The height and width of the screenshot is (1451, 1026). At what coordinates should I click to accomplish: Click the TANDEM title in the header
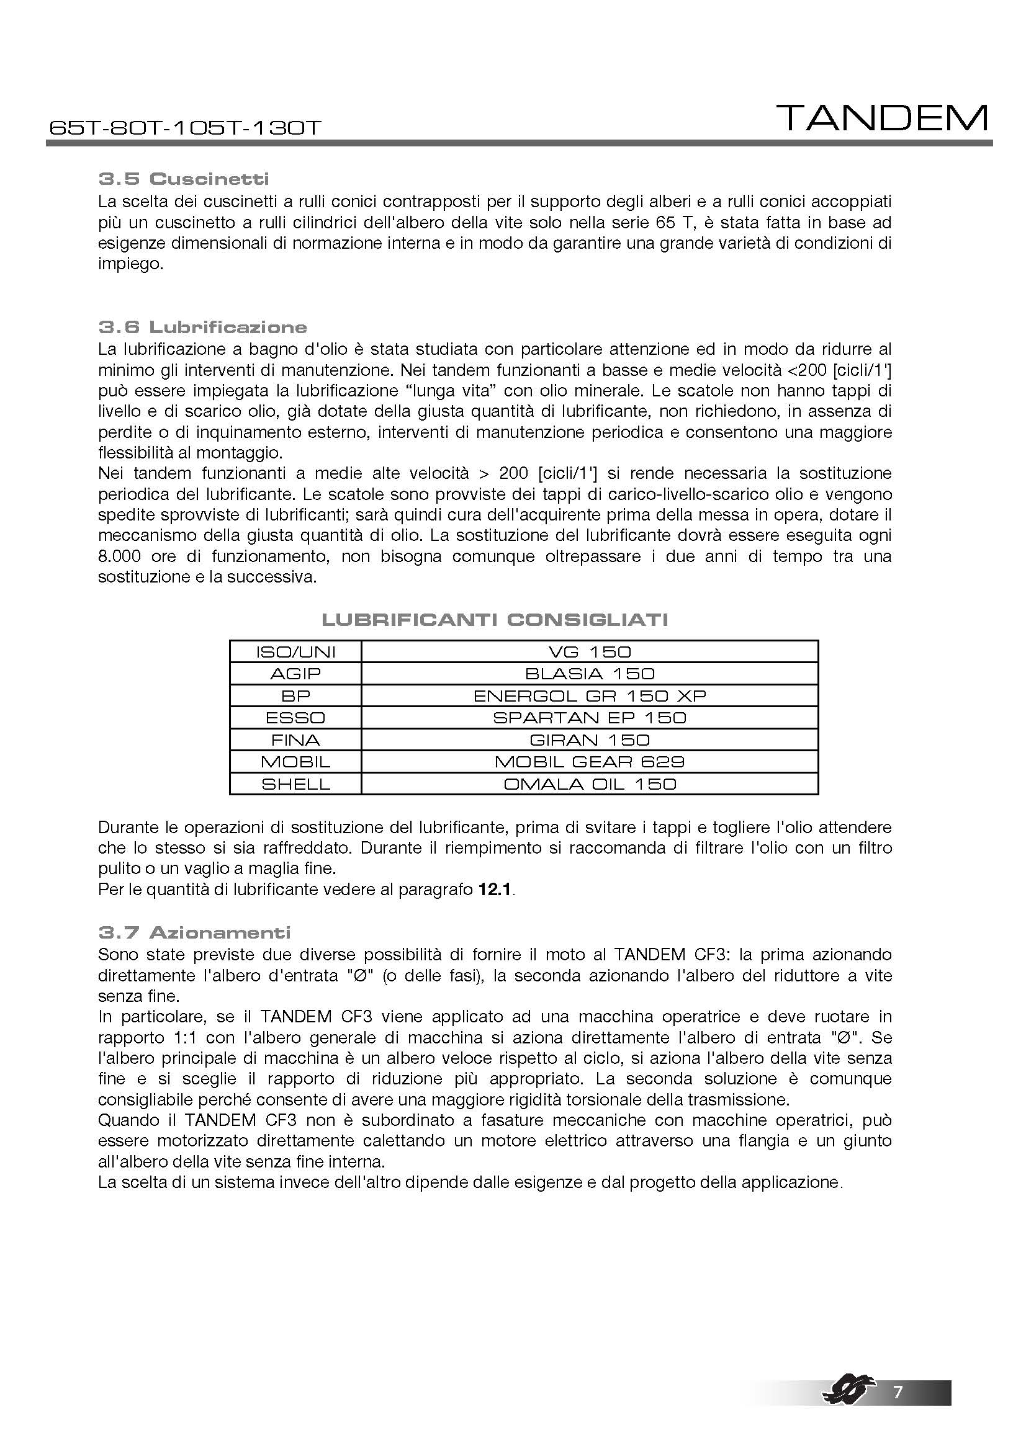[x=882, y=118]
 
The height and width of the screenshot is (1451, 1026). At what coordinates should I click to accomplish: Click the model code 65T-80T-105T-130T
[x=185, y=128]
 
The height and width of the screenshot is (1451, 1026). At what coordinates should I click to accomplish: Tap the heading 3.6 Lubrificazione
[x=202, y=327]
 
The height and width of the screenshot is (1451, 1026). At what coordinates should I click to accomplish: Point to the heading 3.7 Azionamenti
[x=195, y=932]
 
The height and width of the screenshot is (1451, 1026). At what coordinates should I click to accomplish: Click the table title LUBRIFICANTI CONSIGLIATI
[x=494, y=619]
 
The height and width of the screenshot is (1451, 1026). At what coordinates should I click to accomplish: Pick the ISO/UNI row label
[x=295, y=651]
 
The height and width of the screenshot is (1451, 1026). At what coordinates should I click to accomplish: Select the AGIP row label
[x=295, y=674]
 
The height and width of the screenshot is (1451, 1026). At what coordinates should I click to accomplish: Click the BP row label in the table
[x=295, y=696]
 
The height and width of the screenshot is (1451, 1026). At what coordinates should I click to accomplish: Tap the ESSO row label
[x=295, y=718]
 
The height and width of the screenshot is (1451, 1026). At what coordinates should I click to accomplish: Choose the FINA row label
[x=295, y=740]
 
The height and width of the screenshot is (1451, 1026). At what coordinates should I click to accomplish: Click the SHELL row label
[x=295, y=784]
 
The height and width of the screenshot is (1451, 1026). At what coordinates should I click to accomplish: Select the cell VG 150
[x=589, y=651]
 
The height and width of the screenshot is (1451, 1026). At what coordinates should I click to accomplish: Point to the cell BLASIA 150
[x=589, y=674]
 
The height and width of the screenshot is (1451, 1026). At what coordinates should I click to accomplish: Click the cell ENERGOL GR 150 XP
[x=589, y=696]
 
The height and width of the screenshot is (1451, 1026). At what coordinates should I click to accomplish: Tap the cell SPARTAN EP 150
[x=589, y=718]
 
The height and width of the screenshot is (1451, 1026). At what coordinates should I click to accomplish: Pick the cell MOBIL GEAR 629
[x=589, y=762]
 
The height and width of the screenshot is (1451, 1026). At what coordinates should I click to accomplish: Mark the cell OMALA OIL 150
[x=589, y=784]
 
